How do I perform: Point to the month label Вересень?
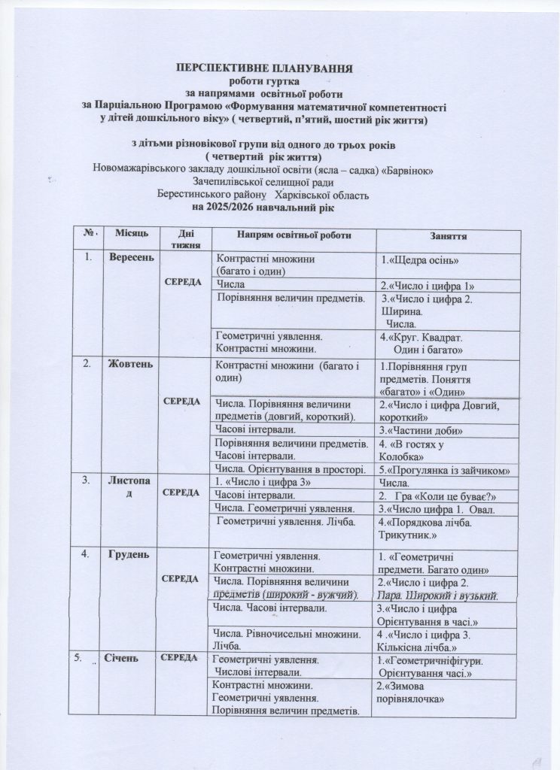coord(132,258)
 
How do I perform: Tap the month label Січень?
coord(126,659)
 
